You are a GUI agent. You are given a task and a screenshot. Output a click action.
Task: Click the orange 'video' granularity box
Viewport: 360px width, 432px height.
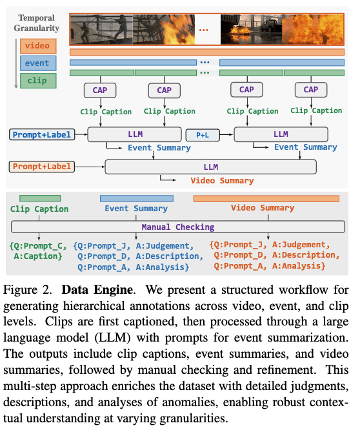point(38,46)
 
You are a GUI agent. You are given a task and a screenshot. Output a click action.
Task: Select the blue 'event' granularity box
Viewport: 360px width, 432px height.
point(38,63)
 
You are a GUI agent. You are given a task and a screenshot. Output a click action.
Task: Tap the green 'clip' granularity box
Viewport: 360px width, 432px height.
point(38,81)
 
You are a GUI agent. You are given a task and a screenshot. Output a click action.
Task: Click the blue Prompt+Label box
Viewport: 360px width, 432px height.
point(42,134)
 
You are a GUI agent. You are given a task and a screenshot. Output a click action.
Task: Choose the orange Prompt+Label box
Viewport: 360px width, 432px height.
point(42,167)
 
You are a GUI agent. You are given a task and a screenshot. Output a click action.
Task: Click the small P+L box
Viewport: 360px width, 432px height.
point(203,135)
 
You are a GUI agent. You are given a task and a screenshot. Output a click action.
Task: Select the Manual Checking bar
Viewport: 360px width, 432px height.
point(178,227)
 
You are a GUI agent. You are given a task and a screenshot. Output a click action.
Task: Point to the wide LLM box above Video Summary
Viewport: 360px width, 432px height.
point(211,167)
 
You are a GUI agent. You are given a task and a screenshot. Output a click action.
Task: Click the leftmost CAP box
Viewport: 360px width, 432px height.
point(100,90)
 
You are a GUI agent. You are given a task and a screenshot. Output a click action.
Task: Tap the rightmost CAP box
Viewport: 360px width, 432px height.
point(311,90)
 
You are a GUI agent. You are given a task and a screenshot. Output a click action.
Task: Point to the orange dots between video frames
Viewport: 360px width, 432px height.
point(204,30)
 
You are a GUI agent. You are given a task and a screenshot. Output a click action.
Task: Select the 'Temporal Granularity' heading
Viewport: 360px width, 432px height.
point(37,23)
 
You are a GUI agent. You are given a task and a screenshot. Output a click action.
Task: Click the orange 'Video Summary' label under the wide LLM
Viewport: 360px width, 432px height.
point(222,181)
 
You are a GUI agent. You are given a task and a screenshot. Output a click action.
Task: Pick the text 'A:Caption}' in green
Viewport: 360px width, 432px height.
point(38,256)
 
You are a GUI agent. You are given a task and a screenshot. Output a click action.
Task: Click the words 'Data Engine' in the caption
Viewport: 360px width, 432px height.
point(97,290)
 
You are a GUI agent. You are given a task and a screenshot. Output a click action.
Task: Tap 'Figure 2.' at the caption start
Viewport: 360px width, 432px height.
point(28,290)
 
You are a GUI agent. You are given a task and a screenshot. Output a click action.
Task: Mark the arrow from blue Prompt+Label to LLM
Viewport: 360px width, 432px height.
point(81,134)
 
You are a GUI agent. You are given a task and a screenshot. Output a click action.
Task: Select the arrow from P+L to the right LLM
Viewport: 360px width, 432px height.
point(227,134)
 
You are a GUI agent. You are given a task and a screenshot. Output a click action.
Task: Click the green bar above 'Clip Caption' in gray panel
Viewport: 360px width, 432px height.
point(40,198)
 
